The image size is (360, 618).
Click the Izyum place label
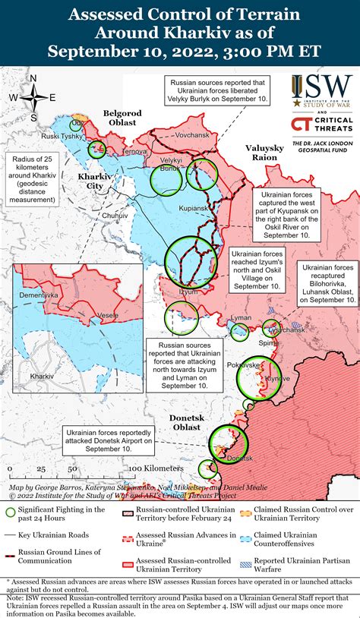click(x=188, y=292)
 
